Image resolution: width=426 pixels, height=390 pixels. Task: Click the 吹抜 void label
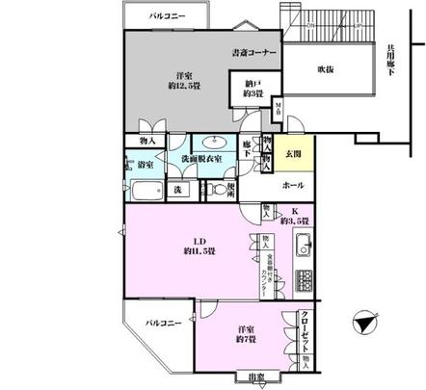coord(330,69)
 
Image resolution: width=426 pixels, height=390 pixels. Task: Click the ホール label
coord(292,183)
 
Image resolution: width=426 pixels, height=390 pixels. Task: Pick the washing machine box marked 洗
coord(178,189)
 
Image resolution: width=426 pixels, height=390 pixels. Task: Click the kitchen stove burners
coord(305,280)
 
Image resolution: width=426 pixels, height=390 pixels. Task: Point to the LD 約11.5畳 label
coord(200,247)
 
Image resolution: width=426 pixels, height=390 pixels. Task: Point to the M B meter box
coord(279,108)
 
